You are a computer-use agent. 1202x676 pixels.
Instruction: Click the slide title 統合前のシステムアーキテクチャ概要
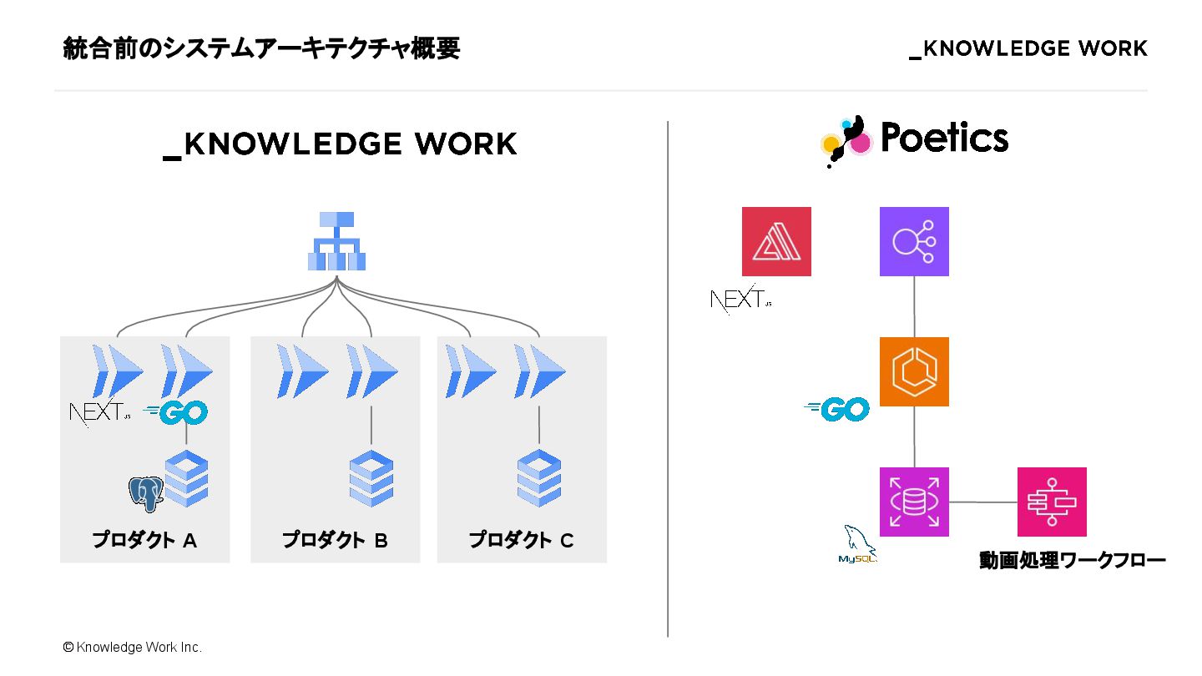[261, 49]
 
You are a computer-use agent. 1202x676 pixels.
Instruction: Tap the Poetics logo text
[943, 139]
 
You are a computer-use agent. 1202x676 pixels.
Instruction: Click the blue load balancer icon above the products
[336, 241]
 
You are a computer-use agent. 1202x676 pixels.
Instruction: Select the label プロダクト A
[144, 540]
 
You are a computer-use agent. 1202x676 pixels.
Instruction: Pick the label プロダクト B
[335, 540]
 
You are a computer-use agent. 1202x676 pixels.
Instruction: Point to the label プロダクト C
[521, 540]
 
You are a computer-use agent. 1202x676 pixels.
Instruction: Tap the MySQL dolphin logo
[857, 545]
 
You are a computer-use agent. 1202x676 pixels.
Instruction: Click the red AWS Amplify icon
[776, 241]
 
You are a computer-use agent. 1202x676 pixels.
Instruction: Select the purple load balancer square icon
[914, 241]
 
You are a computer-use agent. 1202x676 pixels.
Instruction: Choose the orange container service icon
[914, 371]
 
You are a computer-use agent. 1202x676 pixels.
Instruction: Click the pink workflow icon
[1052, 502]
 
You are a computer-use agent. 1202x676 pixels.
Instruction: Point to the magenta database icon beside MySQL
[914, 502]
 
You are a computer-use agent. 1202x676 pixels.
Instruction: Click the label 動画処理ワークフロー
[1072, 560]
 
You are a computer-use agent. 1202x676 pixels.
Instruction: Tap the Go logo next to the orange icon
[836, 409]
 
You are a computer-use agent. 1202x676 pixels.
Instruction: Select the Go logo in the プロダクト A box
[175, 411]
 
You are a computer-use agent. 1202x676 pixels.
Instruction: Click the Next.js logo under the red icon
[740, 299]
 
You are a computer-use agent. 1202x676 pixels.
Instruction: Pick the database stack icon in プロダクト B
[371, 477]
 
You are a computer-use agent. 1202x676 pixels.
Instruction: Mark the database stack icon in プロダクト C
[539, 477]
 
